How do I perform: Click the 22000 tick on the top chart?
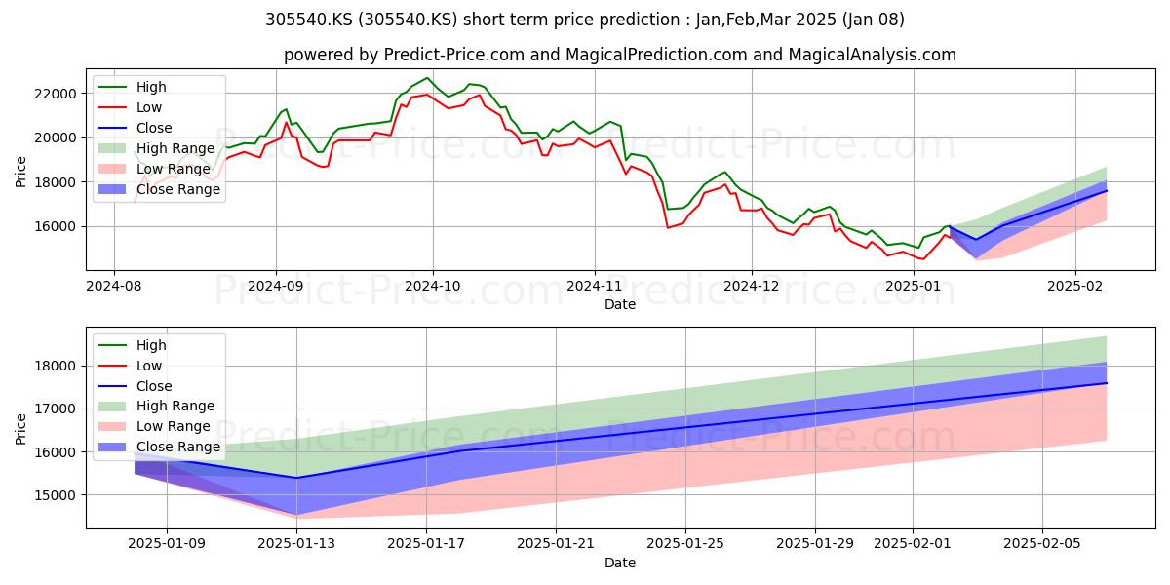tap(55, 94)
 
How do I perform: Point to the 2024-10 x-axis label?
tap(433, 286)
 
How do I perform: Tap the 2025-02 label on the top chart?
tap(1074, 286)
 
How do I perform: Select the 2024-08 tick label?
tap(114, 286)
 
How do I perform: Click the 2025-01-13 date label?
tap(296, 544)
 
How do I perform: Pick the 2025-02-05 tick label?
tap(1042, 544)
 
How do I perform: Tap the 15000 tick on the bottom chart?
tap(55, 495)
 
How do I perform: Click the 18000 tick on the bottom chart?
tap(55, 367)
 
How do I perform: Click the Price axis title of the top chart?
tap(20, 172)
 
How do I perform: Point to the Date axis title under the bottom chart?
tap(620, 563)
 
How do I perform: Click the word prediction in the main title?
tap(639, 19)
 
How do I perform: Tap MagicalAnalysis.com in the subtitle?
tap(873, 55)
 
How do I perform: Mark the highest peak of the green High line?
tap(427, 78)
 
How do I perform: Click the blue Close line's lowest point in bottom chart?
tap(296, 478)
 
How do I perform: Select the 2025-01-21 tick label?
tap(556, 544)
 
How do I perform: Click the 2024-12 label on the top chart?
tap(751, 286)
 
